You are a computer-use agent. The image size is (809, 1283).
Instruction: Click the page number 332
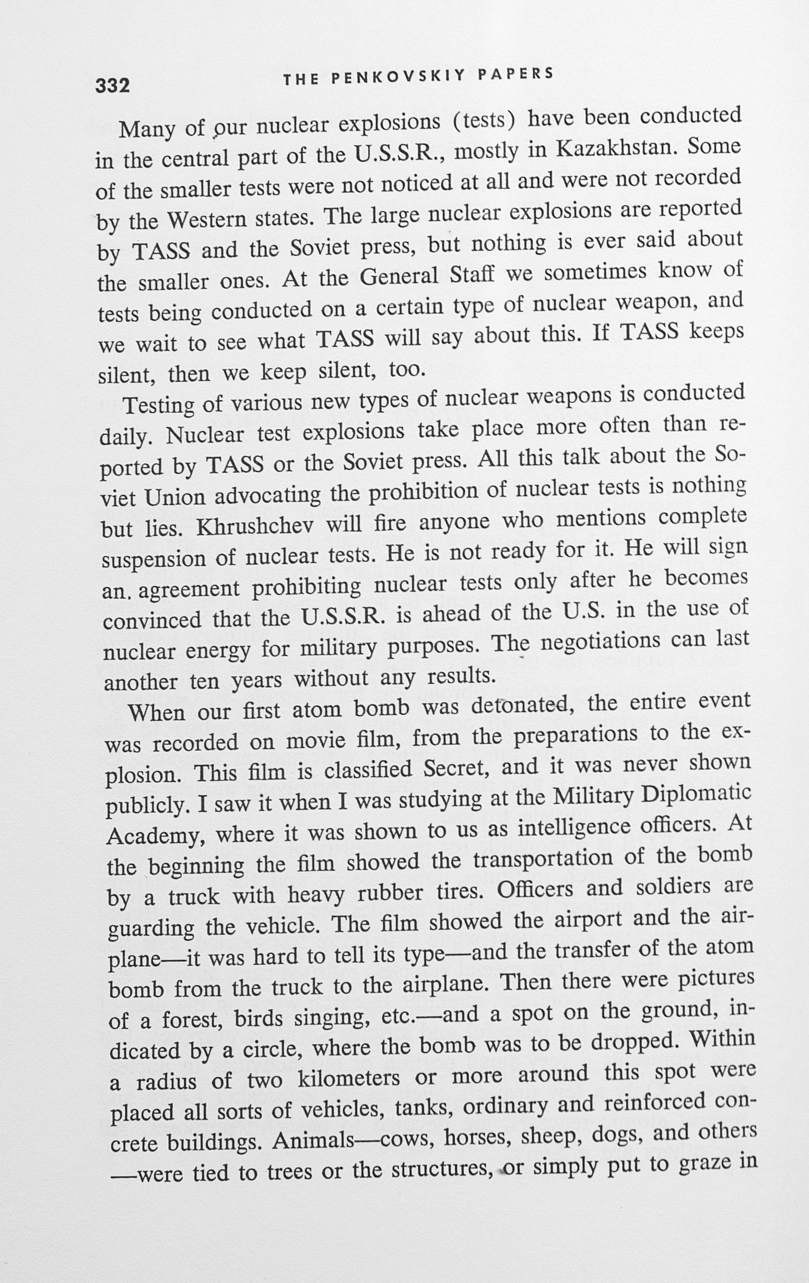coord(112,85)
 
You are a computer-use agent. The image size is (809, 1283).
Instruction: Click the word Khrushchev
coord(255,527)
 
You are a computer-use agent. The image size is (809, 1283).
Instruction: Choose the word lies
coord(165,529)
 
